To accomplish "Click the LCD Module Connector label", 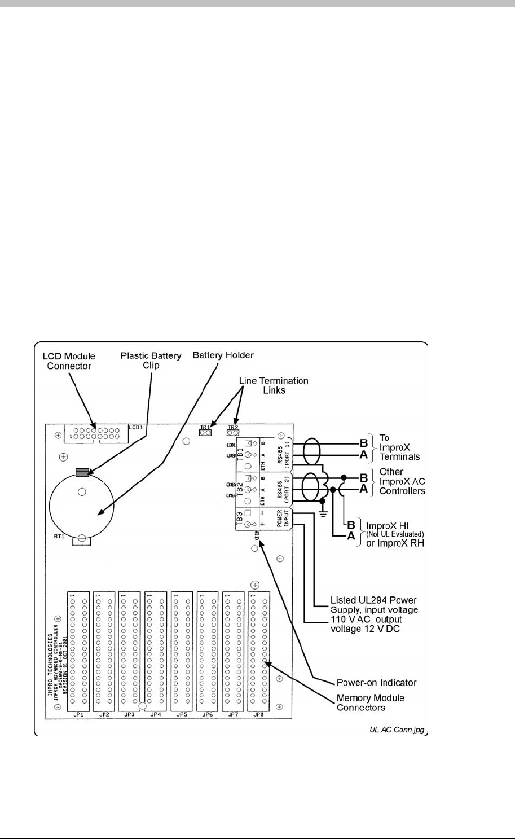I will coord(69,361).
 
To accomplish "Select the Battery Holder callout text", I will coord(223,355).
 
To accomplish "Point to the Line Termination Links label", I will coord(274,385).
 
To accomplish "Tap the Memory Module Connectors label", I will coord(370,702).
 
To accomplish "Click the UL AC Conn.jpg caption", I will coord(398,730).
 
